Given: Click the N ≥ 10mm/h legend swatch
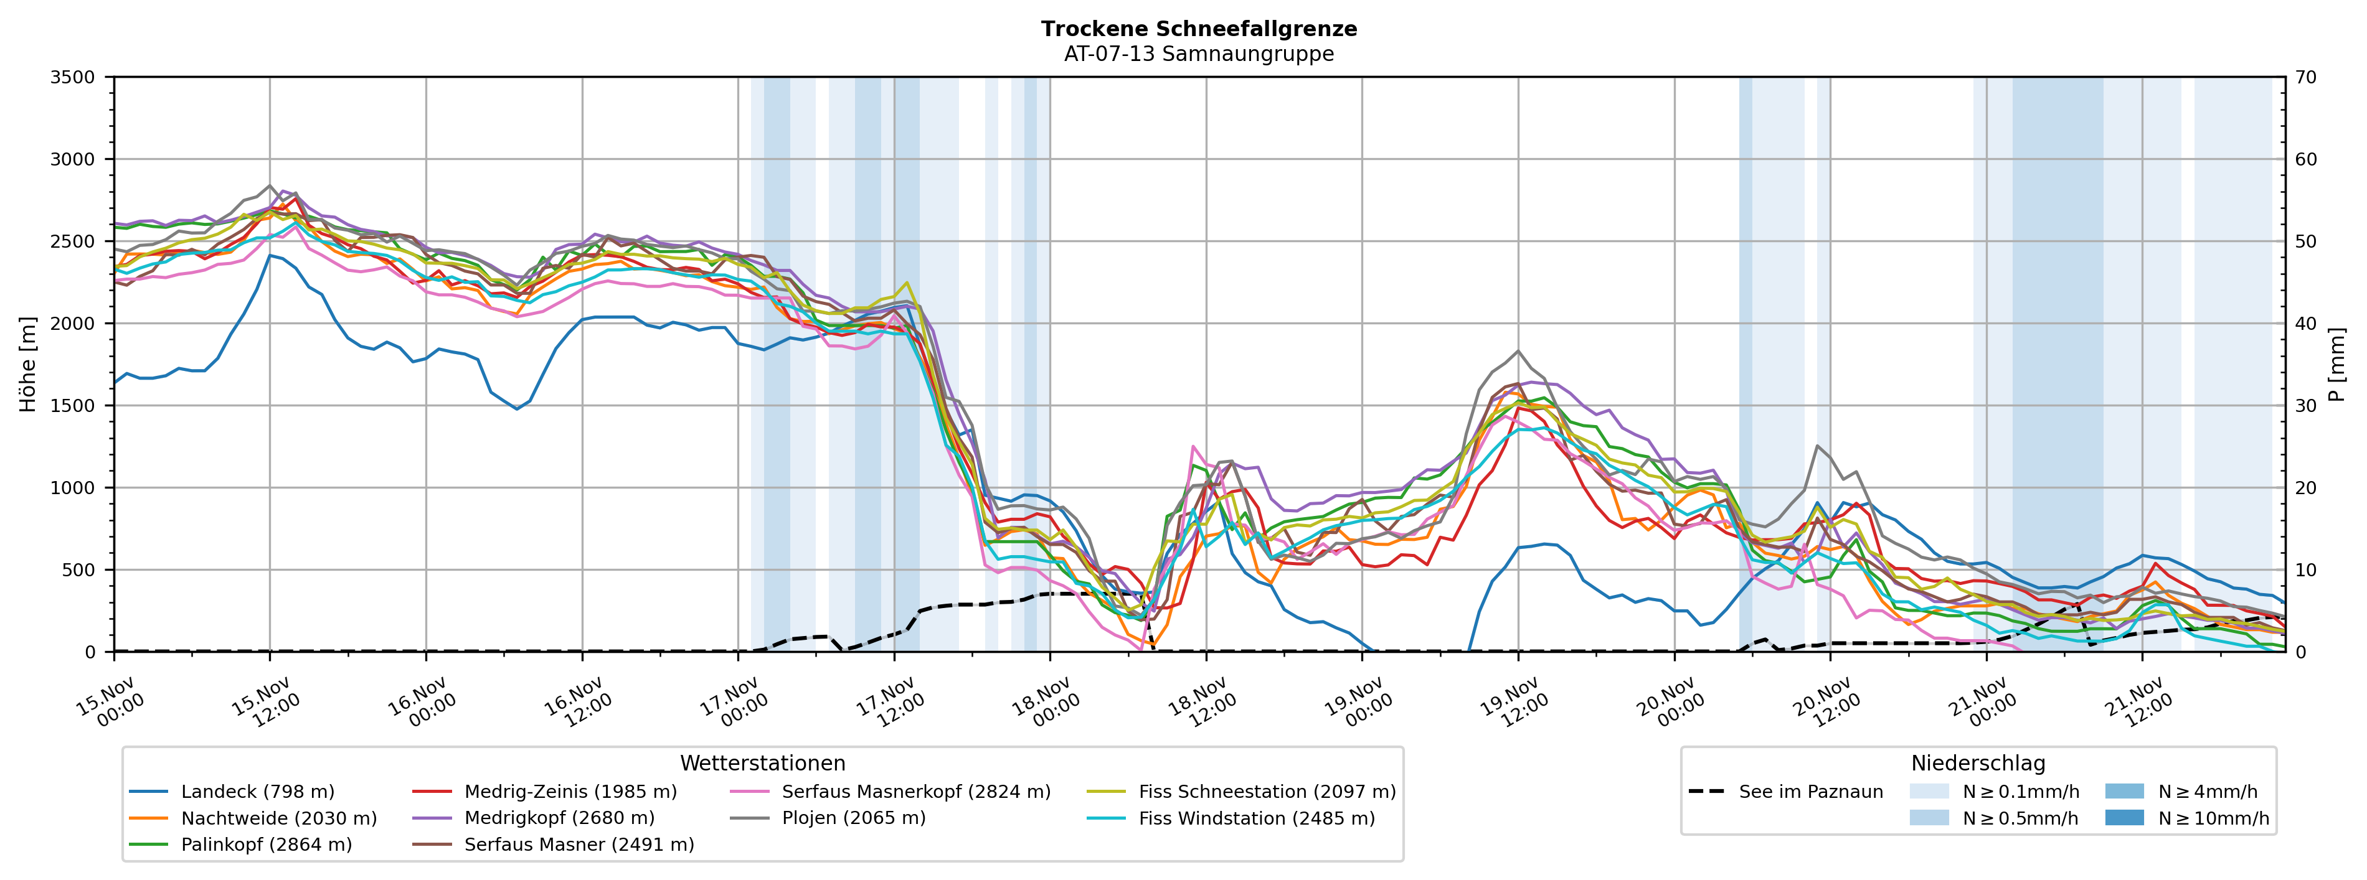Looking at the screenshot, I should (x=2124, y=818).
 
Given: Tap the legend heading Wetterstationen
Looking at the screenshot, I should (x=763, y=764).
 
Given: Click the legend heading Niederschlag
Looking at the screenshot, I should (x=1978, y=764).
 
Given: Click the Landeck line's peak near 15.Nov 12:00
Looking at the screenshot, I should (x=270, y=255).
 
